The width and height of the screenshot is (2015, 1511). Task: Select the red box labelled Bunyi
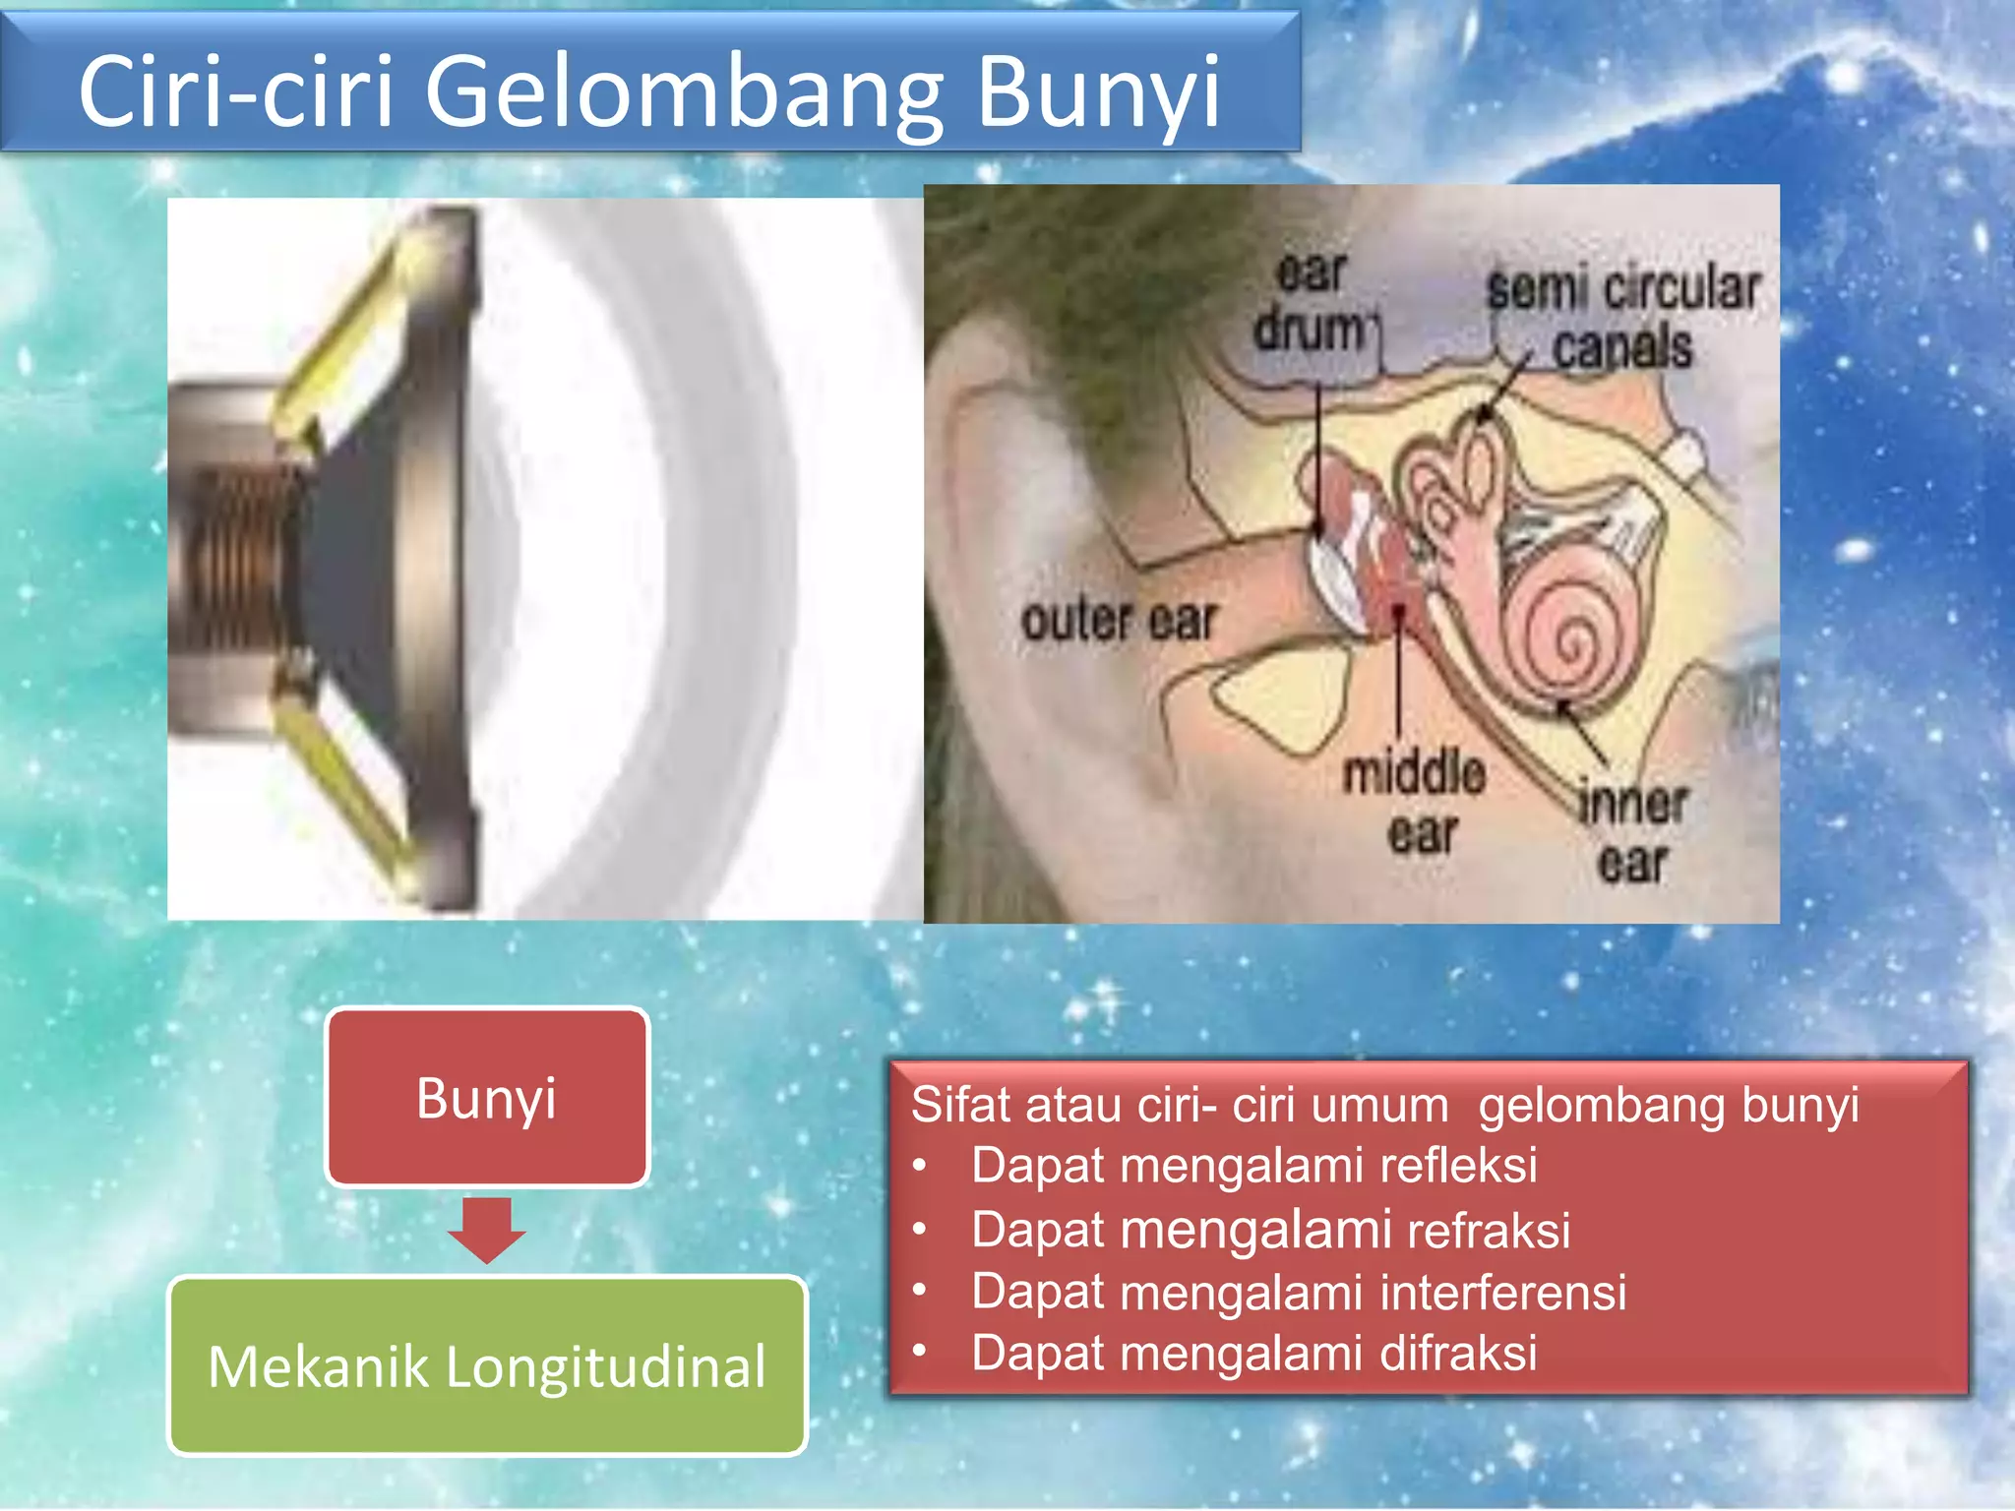[487, 1097]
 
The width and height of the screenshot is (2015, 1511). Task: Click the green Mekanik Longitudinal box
[487, 1365]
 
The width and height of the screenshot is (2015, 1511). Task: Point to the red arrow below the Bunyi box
[487, 1230]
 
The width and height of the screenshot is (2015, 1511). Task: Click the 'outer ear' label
[1119, 621]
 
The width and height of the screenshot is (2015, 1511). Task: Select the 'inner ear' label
[1633, 832]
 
